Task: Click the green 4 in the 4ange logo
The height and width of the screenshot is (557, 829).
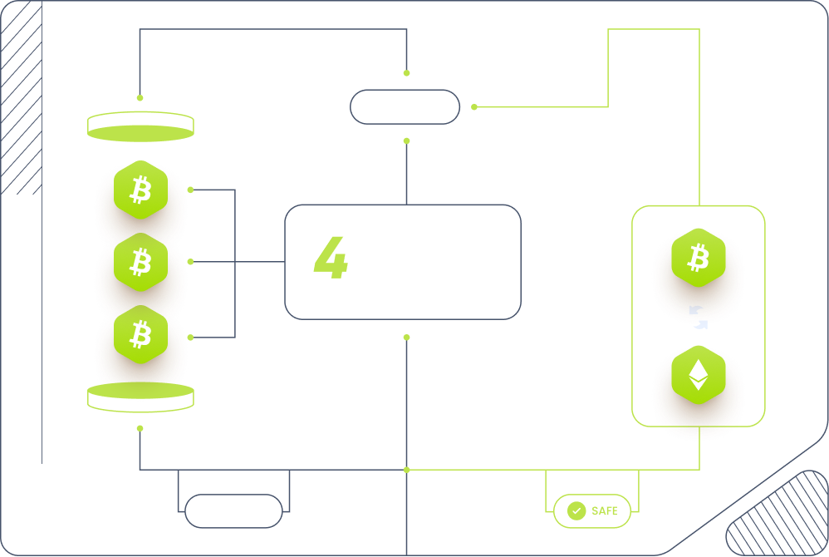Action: tap(330, 259)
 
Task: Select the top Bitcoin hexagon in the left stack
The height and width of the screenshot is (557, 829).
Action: tap(141, 190)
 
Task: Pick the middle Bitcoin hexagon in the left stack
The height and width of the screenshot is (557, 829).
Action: tap(141, 262)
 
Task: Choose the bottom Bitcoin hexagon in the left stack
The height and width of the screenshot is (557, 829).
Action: tap(141, 335)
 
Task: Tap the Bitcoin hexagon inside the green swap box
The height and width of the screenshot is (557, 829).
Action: tap(699, 257)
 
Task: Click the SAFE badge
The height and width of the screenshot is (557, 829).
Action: tap(592, 511)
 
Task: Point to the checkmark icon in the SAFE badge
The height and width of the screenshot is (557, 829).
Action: tap(576, 511)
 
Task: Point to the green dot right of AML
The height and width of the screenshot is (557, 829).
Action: tap(474, 106)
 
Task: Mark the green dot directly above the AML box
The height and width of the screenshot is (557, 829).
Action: tap(406, 73)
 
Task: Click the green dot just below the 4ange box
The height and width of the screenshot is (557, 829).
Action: tap(406, 337)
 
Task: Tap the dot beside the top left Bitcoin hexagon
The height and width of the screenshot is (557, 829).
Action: tap(190, 190)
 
